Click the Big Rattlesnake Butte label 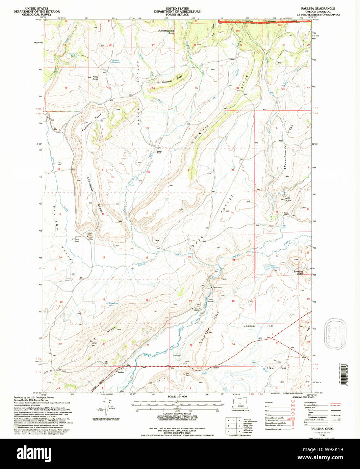click(x=166, y=32)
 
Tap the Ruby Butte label click(x=95, y=78)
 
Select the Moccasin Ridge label click(x=172, y=80)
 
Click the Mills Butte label click(x=288, y=199)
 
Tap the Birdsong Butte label click(x=299, y=272)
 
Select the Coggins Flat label click(x=259, y=326)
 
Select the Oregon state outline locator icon click(x=240, y=404)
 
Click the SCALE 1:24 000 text click(x=177, y=397)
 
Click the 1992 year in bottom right click(x=317, y=436)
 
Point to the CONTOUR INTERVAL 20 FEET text click(x=177, y=414)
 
